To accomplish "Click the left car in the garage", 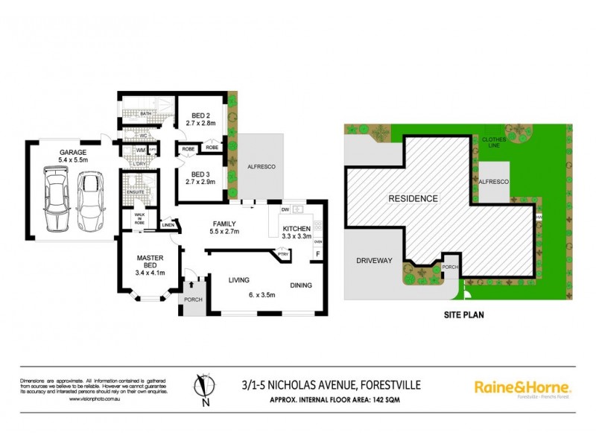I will (56, 200).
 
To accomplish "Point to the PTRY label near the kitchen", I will (283, 255).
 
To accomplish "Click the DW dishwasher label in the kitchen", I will (285, 210).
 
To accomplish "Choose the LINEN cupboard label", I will (168, 224).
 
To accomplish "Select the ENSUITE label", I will (135, 192).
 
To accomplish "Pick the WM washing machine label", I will (139, 150).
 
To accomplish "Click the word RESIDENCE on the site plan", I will (412, 199).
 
